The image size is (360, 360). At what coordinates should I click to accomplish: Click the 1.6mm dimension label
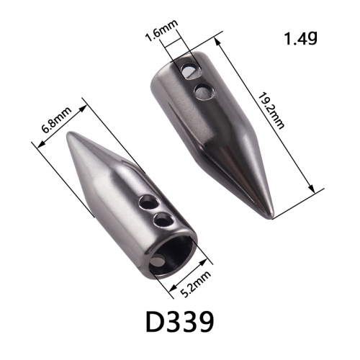pos(162,30)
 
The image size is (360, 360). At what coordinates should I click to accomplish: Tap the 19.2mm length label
pos(271,111)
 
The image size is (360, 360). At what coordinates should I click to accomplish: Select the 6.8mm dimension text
pos(57,120)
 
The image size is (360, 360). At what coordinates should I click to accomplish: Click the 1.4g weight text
pos(301,38)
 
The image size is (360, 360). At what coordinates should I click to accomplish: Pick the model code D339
pos(180,321)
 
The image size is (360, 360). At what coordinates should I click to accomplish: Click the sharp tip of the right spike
pos(272,217)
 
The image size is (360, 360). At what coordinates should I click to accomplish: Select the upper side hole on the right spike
pos(191,71)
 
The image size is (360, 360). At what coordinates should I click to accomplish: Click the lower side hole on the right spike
pos(203,91)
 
